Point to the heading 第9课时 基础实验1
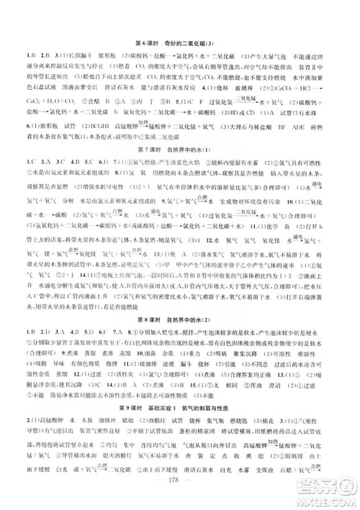click(x=179, y=425)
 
